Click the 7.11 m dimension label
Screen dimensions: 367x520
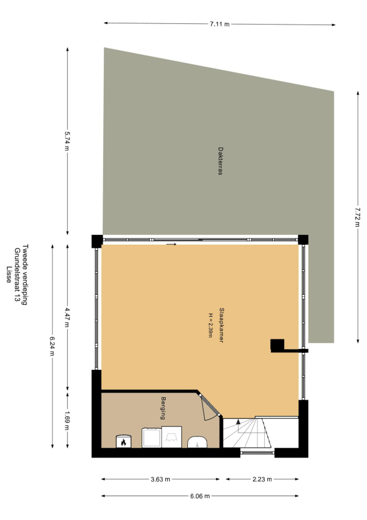click(x=219, y=24)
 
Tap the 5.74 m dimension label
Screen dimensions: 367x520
click(x=67, y=141)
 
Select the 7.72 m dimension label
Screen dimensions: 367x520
click(x=358, y=217)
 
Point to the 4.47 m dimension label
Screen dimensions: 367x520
click(x=67, y=317)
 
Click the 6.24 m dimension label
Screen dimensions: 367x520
click(x=52, y=346)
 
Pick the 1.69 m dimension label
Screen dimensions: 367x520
click(x=67, y=421)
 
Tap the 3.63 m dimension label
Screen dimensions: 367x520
click(x=160, y=479)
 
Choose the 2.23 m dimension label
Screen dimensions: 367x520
click(x=262, y=479)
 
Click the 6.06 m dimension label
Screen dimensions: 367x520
click(x=200, y=496)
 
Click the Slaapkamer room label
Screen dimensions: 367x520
click(x=221, y=325)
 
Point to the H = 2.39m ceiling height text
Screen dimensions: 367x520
click(x=210, y=325)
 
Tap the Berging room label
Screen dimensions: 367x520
click(x=163, y=408)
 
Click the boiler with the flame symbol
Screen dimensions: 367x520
click(x=123, y=441)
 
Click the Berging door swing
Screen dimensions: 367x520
click(x=209, y=407)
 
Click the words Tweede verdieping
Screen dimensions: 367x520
click(x=25, y=275)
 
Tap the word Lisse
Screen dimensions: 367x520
click(x=9, y=275)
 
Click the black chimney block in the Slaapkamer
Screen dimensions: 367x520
click(x=277, y=345)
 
